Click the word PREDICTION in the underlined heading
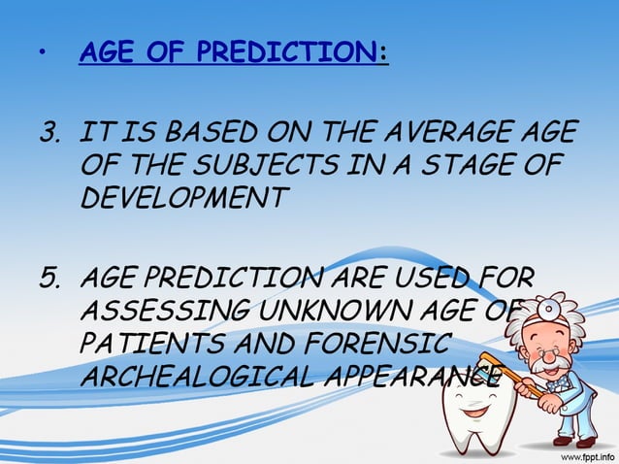(x=290, y=52)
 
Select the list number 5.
(x=49, y=282)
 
